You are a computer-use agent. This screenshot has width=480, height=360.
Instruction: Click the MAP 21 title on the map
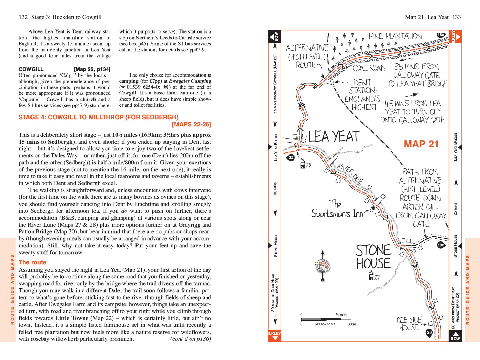(421, 144)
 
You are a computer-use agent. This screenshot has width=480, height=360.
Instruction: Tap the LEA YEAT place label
(334, 136)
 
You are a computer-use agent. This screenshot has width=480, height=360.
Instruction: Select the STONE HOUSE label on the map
(373, 257)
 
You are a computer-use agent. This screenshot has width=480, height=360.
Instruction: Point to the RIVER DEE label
(350, 173)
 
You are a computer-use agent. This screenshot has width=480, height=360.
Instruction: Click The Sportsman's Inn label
(337, 209)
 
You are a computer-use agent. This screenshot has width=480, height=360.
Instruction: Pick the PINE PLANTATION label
(395, 36)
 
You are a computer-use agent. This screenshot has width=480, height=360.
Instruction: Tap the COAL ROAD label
(369, 68)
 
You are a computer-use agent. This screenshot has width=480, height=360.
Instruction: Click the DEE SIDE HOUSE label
(409, 324)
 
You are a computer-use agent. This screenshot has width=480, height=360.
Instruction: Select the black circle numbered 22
(291, 157)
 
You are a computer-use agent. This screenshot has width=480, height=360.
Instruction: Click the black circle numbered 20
(429, 332)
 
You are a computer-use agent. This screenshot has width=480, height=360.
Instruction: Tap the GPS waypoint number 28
(308, 165)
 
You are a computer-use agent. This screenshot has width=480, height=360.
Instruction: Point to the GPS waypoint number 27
(377, 277)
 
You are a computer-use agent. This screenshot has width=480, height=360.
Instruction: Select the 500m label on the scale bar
(351, 324)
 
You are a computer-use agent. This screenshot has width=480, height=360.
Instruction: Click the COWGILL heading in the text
(31, 69)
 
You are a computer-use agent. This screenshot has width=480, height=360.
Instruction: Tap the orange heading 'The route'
(32, 262)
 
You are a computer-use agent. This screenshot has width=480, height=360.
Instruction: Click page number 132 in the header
(23, 17)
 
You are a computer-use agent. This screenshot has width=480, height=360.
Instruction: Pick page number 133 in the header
(457, 17)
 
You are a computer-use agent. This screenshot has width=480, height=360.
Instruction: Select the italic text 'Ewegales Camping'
(190, 81)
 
